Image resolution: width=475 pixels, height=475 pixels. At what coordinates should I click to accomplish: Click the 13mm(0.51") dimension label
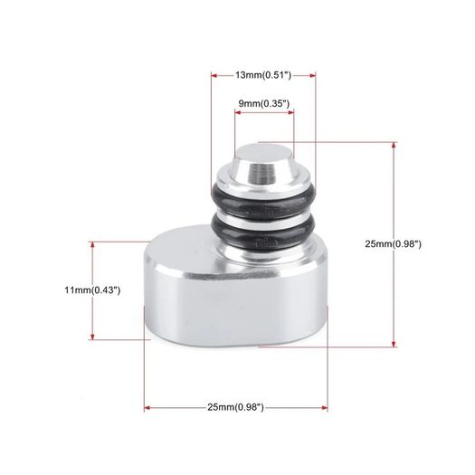tap(263, 75)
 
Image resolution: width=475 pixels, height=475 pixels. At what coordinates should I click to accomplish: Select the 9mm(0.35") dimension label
tap(264, 104)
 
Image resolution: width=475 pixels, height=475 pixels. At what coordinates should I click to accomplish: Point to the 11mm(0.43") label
tap(92, 290)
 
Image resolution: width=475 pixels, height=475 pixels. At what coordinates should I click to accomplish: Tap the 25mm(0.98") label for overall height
tap(394, 244)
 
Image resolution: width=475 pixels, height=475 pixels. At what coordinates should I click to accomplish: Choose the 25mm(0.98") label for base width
tap(235, 407)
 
